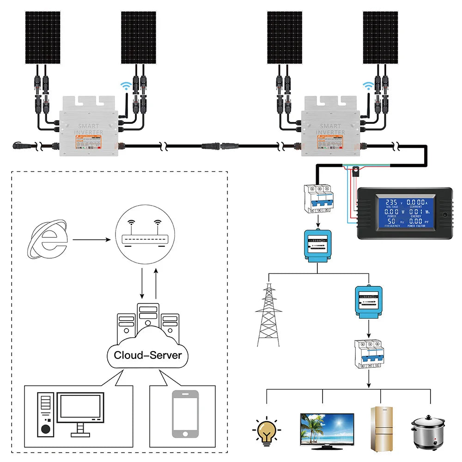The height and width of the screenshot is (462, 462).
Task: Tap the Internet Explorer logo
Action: coord(47,239)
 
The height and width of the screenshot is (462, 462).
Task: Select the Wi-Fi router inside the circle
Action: coord(144,239)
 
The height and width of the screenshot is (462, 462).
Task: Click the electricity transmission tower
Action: coord(268,314)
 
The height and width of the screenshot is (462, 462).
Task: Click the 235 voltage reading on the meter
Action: coord(391,202)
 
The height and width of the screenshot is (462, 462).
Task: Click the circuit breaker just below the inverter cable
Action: coord(317,198)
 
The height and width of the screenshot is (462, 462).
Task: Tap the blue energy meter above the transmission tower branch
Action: coord(317,247)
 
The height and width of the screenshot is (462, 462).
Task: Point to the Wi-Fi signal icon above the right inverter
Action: coord(368,86)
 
